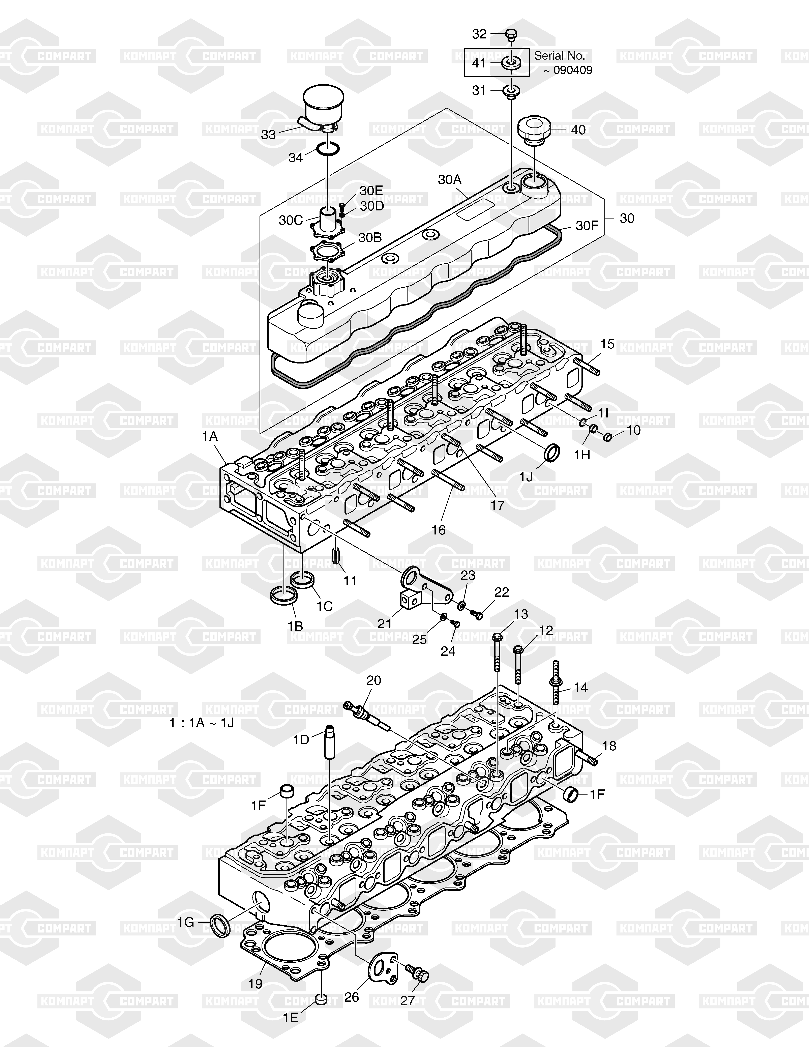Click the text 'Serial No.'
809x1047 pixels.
pyautogui.click(x=559, y=56)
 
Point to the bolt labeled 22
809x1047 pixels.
pyautogui.click(x=476, y=614)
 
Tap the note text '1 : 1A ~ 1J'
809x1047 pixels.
pyautogui.click(x=202, y=723)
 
